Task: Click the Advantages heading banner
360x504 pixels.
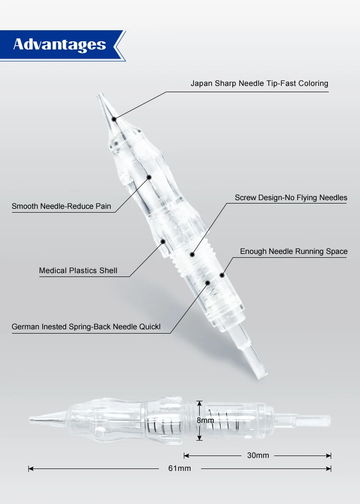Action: pos(60,45)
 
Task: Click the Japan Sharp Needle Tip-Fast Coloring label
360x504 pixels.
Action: pos(259,84)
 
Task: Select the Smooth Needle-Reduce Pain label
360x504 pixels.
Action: pos(61,206)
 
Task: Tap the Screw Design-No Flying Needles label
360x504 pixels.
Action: pos(291,197)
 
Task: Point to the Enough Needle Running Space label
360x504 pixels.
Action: pos(294,252)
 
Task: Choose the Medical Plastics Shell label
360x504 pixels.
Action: pos(78,271)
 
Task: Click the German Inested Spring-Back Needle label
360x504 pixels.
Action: pos(86,327)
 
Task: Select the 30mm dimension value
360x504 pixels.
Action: pos(258,455)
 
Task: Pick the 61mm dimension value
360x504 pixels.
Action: pos(180,468)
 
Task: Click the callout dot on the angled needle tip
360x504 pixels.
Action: pos(114,118)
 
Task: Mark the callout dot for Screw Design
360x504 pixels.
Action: pos(192,254)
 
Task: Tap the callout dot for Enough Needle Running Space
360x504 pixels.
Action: pos(222,275)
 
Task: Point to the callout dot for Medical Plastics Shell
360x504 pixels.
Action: pos(163,241)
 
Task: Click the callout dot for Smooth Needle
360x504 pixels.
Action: pos(149,178)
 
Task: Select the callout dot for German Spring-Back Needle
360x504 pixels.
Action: pos(207,283)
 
